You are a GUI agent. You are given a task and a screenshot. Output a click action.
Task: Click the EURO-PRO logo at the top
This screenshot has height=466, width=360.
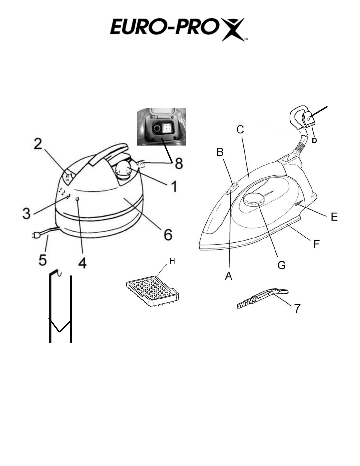(x=178, y=30)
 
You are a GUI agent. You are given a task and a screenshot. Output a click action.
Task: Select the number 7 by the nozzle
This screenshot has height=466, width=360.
(x=297, y=308)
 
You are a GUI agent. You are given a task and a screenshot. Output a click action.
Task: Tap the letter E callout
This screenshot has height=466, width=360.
(x=334, y=217)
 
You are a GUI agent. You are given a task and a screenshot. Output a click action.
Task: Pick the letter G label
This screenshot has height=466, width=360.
(x=281, y=265)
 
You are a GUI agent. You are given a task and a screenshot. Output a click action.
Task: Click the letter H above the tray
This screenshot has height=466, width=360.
(x=172, y=261)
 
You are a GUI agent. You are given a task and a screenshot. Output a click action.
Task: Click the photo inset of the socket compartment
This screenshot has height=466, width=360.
(x=162, y=127)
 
